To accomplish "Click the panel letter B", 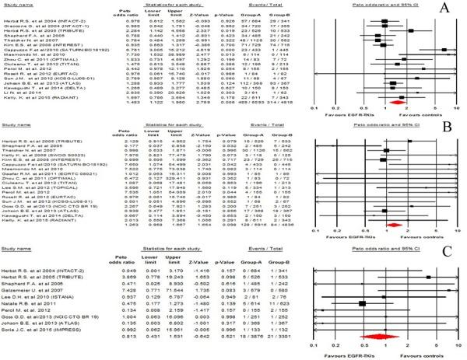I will [x=448, y=132].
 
